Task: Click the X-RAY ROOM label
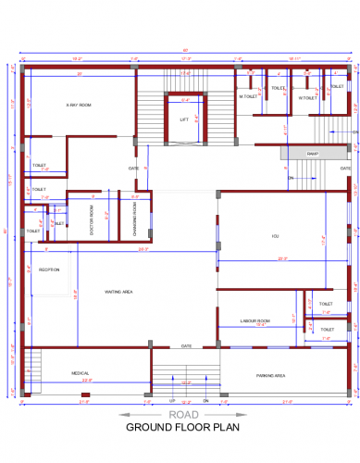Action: click(x=79, y=106)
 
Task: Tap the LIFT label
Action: click(x=184, y=119)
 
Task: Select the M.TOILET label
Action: click(x=247, y=96)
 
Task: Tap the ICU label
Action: click(x=275, y=236)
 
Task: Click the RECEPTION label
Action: click(x=49, y=269)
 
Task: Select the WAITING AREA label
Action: click(x=119, y=292)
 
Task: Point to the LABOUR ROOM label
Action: click(x=254, y=320)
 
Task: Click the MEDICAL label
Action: click(x=81, y=373)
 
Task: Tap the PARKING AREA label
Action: click(x=270, y=375)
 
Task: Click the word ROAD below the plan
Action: click(x=180, y=416)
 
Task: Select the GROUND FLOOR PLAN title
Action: click(x=180, y=429)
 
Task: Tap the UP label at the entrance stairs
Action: click(x=172, y=400)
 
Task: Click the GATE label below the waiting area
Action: click(x=186, y=346)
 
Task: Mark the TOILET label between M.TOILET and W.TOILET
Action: click(x=279, y=88)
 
